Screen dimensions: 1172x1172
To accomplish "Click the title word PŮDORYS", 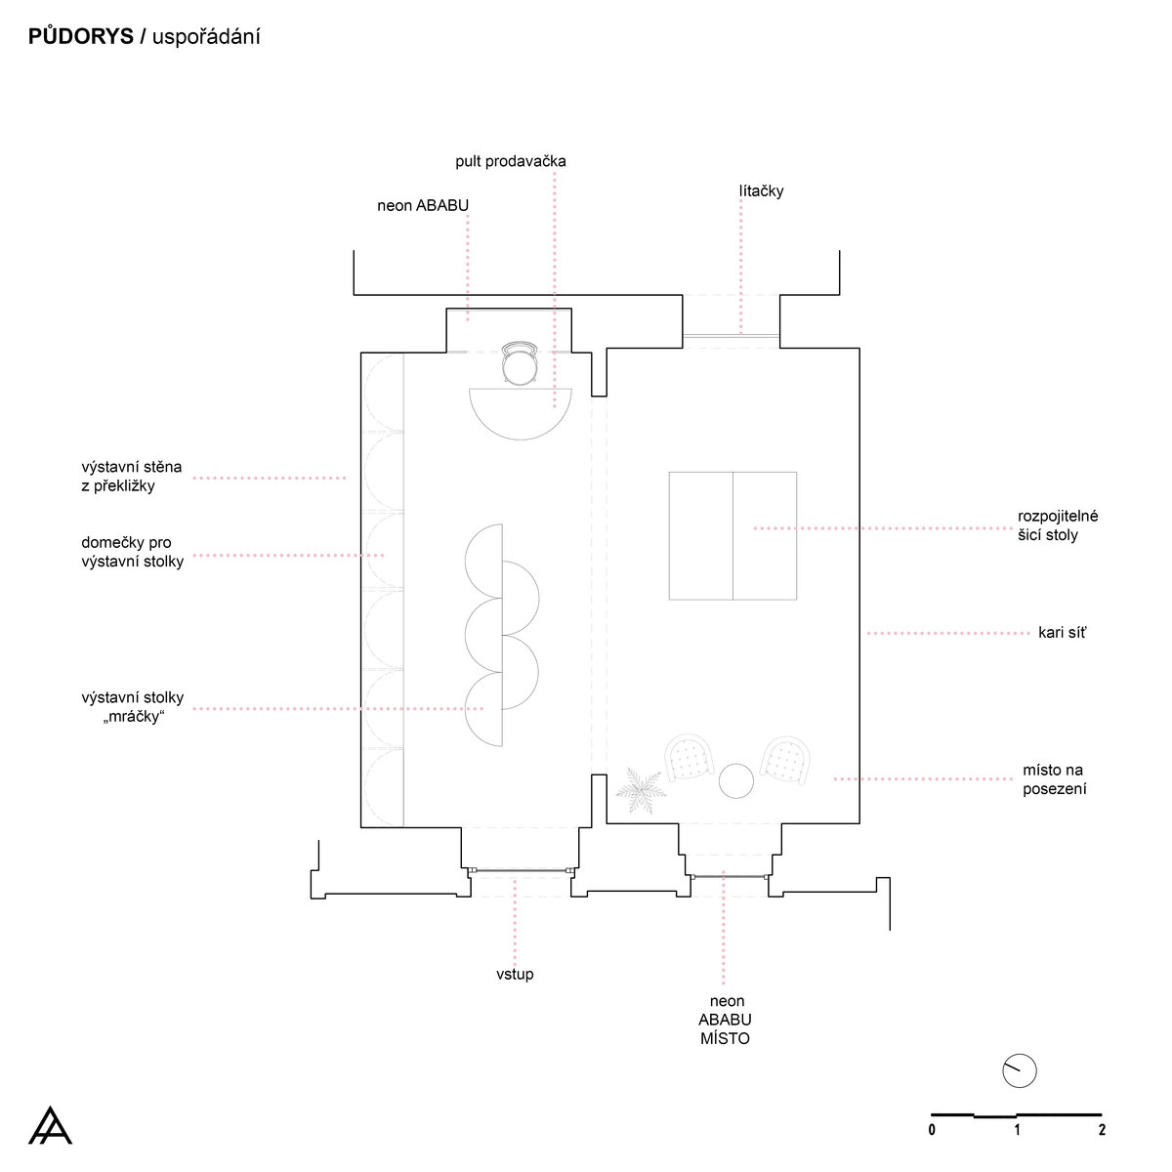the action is (81, 36).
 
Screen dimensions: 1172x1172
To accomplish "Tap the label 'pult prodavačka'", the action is (510, 161).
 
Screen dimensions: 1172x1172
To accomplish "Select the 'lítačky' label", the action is (761, 191).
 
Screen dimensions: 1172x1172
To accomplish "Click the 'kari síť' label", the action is (1062, 633).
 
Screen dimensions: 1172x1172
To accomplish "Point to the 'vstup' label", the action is (515, 974).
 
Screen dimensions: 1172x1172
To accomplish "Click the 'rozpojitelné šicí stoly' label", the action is (1058, 524).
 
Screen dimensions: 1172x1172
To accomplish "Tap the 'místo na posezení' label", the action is (1054, 779).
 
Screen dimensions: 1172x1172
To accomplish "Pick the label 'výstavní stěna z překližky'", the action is (132, 476).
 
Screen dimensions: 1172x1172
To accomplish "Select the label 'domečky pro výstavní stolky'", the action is (132, 551).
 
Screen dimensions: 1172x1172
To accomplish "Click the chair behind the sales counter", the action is (520, 362).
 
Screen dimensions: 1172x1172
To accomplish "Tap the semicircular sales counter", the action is (520, 412).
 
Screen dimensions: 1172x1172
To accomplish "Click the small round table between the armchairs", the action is (736, 780).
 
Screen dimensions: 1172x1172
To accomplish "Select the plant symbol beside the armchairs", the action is (641, 790).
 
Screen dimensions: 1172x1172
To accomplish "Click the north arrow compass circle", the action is (1020, 1070).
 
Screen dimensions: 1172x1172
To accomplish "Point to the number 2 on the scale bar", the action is (1102, 1130).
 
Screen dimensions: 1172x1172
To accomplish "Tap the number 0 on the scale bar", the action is (932, 1130).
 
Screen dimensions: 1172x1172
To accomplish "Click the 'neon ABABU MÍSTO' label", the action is (725, 1020).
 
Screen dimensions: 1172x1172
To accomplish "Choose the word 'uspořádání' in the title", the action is (206, 36).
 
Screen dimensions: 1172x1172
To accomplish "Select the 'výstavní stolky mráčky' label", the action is (133, 706).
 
